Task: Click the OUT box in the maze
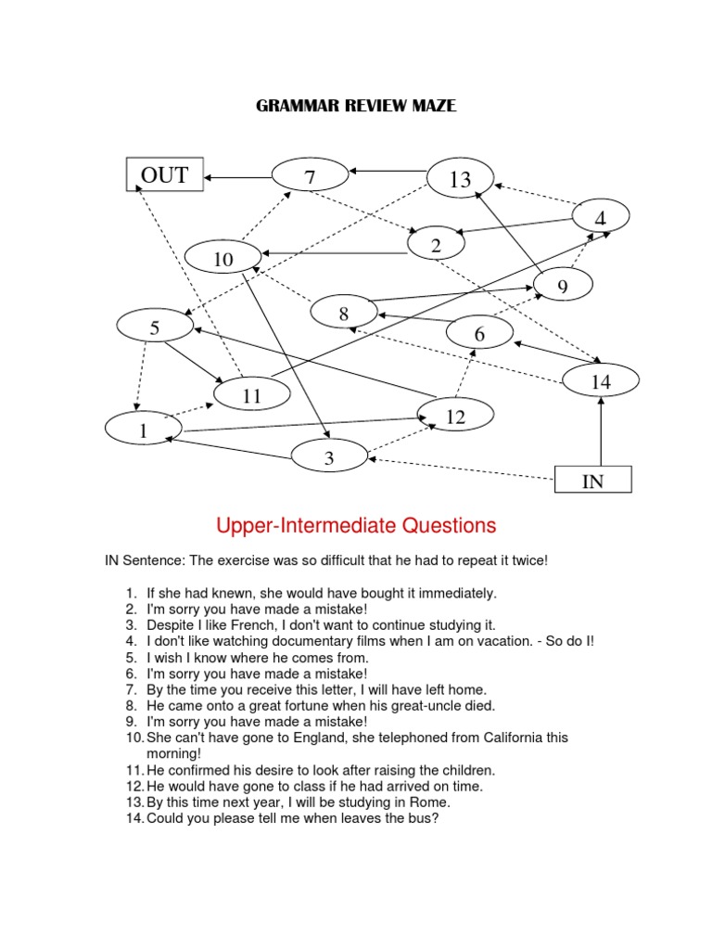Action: click(164, 174)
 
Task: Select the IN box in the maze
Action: click(592, 480)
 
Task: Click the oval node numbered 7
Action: click(310, 175)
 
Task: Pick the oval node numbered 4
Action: click(600, 218)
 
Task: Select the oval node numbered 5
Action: click(155, 327)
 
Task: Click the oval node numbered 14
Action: click(601, 380)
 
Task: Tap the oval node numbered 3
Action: click(329, 457)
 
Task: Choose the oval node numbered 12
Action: click(454, 417)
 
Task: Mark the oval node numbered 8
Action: click(343, 313)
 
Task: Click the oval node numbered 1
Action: click(144, 430)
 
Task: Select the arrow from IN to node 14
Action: click(602, 431)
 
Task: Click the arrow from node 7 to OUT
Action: click(238, 175)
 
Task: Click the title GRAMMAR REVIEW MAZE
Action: click(356, 107)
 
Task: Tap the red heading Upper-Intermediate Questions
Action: click(356, 526)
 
